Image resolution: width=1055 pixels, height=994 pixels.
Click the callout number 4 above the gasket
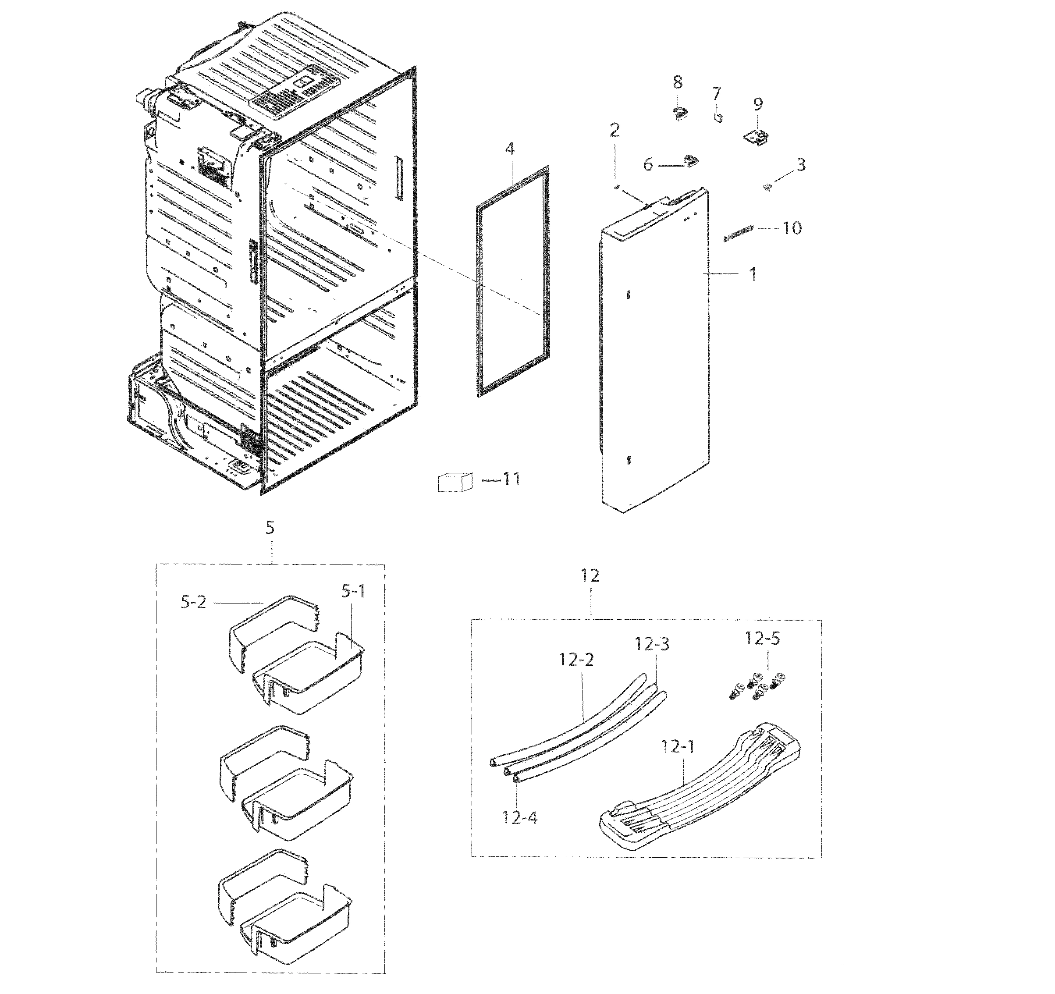pos(509,149)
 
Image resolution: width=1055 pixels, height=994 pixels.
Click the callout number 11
pos(511,479)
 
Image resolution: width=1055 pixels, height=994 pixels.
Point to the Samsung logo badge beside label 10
pos(738,234)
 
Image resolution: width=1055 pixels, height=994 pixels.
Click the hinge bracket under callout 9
pos(756,138)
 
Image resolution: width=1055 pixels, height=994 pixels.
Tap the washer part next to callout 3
pos(767,186)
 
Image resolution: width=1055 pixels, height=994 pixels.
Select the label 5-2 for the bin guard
pos(193,602)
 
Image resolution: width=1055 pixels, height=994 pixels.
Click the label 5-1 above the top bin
pos(353,591)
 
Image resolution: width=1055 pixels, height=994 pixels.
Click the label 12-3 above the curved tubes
pos(652,644)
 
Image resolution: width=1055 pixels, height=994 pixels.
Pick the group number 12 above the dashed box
pos(590,575)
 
